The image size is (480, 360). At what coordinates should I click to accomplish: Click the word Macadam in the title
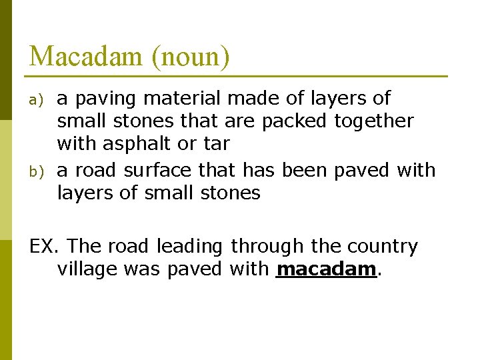[85, 56]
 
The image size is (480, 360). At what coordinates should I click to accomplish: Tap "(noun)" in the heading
[191, 57]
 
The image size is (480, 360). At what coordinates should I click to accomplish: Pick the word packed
[294, 121]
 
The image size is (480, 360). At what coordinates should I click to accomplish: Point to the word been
[304, 171]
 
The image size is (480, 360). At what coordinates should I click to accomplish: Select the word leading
[189, 247]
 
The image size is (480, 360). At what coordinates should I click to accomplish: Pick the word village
[86, 269]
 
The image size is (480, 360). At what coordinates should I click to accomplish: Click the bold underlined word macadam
[326, 269]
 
